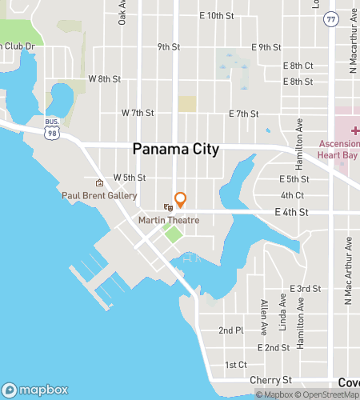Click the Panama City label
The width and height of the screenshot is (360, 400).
point(175,150)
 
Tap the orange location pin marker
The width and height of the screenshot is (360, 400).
point(181,199)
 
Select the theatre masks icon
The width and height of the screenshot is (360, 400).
point(167,207)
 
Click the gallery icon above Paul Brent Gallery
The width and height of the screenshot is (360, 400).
point(100,182)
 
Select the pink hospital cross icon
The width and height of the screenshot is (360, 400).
point(354,129)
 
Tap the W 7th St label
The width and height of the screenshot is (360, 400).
point(137,113)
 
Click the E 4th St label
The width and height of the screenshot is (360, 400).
point(291,211)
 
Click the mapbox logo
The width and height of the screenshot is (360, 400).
point(36,390)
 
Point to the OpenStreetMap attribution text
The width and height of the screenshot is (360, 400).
point(327,394)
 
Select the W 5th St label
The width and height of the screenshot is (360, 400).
point(130,177)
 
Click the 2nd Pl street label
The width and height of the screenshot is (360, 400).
point(231,330)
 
